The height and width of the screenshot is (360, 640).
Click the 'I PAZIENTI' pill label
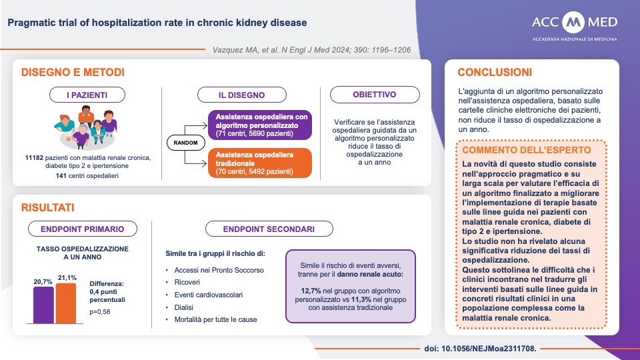coord(87,95)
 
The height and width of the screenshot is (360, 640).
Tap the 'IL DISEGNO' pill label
coord(241,95)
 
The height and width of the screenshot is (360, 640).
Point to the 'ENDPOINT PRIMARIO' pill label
coord(83,229)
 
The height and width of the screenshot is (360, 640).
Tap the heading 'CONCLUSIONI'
coord(494,72)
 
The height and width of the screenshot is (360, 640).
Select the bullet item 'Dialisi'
coord(183,307)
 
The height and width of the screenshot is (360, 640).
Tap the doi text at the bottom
coord(480,349)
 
